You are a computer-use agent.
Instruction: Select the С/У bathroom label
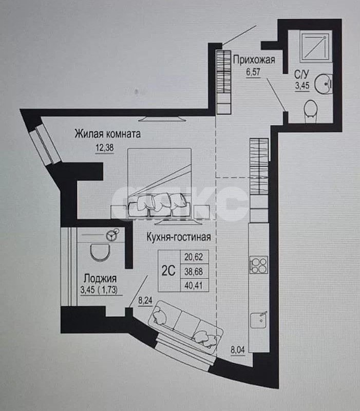click(x=301, y=73)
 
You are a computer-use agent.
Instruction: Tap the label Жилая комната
click(x=108, y=135)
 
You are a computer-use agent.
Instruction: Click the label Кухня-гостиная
click(x=178, y=237)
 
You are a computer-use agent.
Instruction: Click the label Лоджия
click(x=101, y=278)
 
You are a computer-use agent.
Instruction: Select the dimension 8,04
click(x=238, y=351)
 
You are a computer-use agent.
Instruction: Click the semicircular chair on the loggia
click(x=99, y=252)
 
